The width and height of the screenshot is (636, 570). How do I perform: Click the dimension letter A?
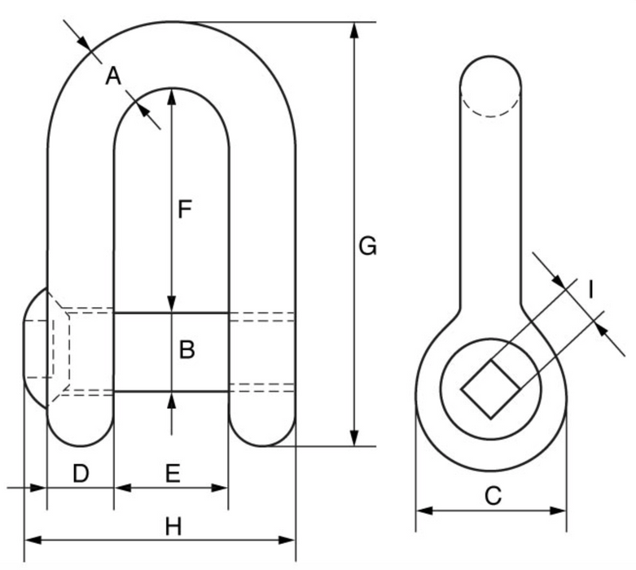[x=113, y=77]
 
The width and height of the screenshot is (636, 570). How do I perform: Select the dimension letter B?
[x=186, y=350]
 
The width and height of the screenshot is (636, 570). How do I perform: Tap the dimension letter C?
[x=492, y=496]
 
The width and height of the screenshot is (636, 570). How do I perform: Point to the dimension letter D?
[x=80, y=473]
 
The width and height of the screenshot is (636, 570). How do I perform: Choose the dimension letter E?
[x=173, y=473]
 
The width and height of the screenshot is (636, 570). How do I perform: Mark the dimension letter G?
[x=368, y=244]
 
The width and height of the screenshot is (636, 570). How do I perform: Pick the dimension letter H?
[x=173, y=527]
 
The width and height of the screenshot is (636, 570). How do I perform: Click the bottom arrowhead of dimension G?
[x=354, y=439]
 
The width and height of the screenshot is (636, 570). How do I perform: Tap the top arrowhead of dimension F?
[x=171, y=95]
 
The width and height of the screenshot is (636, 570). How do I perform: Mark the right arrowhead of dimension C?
[x=559, y=511]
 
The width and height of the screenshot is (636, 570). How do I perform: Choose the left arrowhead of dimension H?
[x=31, y=539]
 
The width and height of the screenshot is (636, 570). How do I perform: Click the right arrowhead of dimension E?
[x=222, y=488]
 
